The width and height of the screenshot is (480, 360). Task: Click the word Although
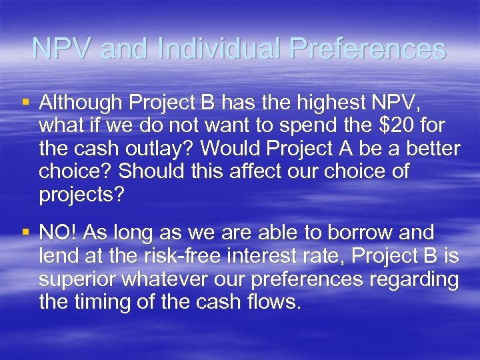click(x=79, y=103)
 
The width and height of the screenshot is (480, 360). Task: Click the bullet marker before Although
click(x=25, y=102)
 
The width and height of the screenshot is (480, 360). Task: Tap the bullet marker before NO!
click(x=25, y=233)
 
